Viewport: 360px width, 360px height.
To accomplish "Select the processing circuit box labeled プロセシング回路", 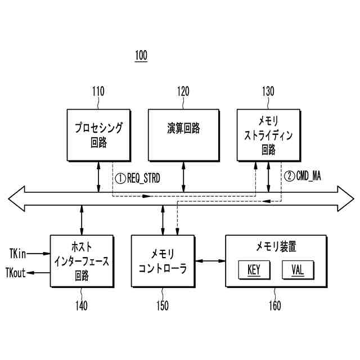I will coord(98,135).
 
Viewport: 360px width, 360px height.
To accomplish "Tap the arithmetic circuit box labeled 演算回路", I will coord(183,135).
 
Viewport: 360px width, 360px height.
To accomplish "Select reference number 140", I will coord(82,307).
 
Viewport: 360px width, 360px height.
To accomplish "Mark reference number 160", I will coord(275,307).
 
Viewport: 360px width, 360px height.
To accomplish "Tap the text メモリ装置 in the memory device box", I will coord(276,246).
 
